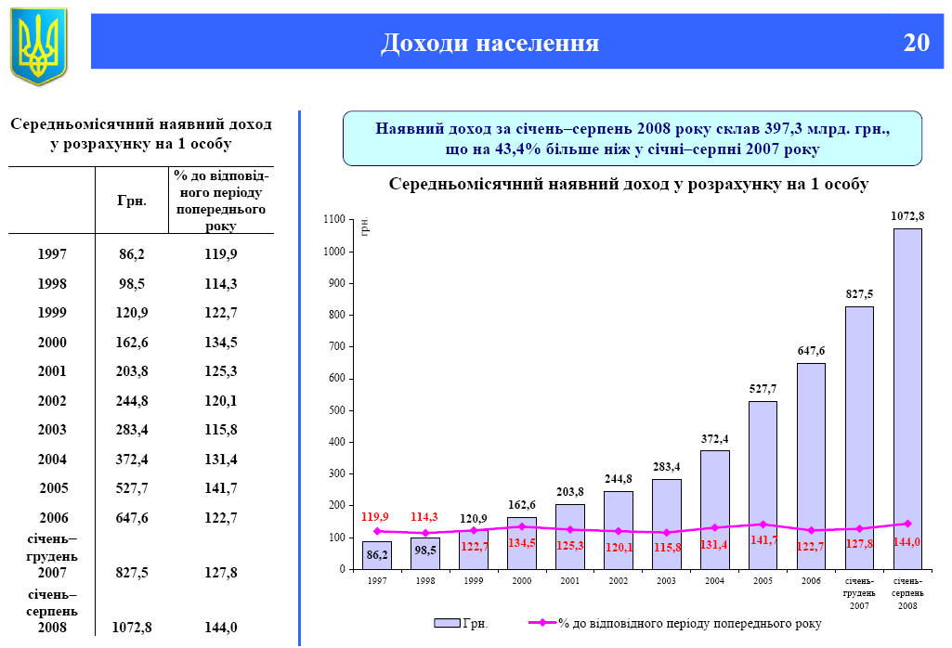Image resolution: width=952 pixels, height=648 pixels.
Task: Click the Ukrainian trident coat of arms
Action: pos(39,45)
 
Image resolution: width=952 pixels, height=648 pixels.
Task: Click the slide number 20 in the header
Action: pos(916,44)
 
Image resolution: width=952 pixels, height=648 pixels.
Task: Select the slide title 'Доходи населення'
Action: pos(489,44)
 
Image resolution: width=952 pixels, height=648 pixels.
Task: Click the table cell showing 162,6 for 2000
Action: pos(130,343)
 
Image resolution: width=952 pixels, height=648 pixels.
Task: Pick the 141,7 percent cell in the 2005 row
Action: pos(221,487)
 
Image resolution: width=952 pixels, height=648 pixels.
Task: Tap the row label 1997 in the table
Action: pos(52,253)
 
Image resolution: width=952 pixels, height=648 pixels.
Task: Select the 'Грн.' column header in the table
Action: pos(131,201)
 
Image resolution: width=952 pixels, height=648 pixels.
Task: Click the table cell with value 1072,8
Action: pos(131,628)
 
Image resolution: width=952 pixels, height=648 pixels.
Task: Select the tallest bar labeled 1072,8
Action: pos(907,399)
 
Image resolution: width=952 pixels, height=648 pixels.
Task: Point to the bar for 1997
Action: pos(376,555)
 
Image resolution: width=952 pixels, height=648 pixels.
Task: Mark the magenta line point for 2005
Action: pos(763,525)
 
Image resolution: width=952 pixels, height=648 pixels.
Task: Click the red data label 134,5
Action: pos(521,543)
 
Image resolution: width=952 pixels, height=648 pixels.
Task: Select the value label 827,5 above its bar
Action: pos(859,293)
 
